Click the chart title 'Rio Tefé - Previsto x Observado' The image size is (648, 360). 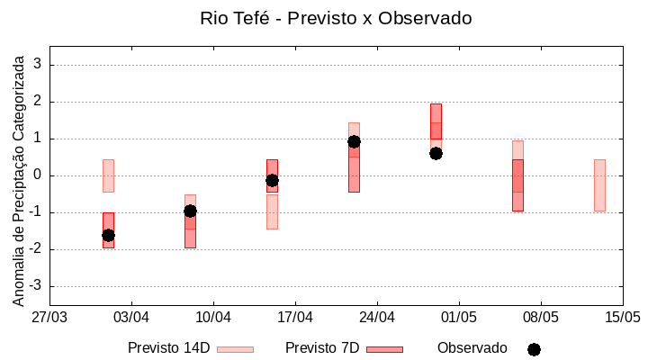[x=336, y=18]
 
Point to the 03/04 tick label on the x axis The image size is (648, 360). [x=131, y=317]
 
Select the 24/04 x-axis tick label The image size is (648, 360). [x=377, y=317]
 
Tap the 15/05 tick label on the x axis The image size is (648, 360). [x=622, y=317]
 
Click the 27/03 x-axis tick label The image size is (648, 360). [x=49, y=317]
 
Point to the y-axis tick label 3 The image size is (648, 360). [x=38, y=65]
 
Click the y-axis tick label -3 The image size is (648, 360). [x=35, y=286]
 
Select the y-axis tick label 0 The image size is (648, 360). [x=38, y=175]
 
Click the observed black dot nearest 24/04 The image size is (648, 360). [x=354, y=141]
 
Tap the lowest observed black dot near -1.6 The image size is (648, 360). [x=108, y=235]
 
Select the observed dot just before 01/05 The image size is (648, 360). [x=436, y=153]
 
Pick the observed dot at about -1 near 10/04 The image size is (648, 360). [x=190, y=211]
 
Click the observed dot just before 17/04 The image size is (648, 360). [x=272, y=180]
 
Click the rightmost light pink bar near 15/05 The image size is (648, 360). [x=599, y=184]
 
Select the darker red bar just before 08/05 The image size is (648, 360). [x=517, y=184]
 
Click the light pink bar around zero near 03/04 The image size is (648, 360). [x=108, y=175]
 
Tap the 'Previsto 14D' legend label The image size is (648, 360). [x=168, y=348]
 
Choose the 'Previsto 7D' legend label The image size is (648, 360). [x=321, y=348]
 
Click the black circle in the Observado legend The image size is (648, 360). [x=534, y=349]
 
